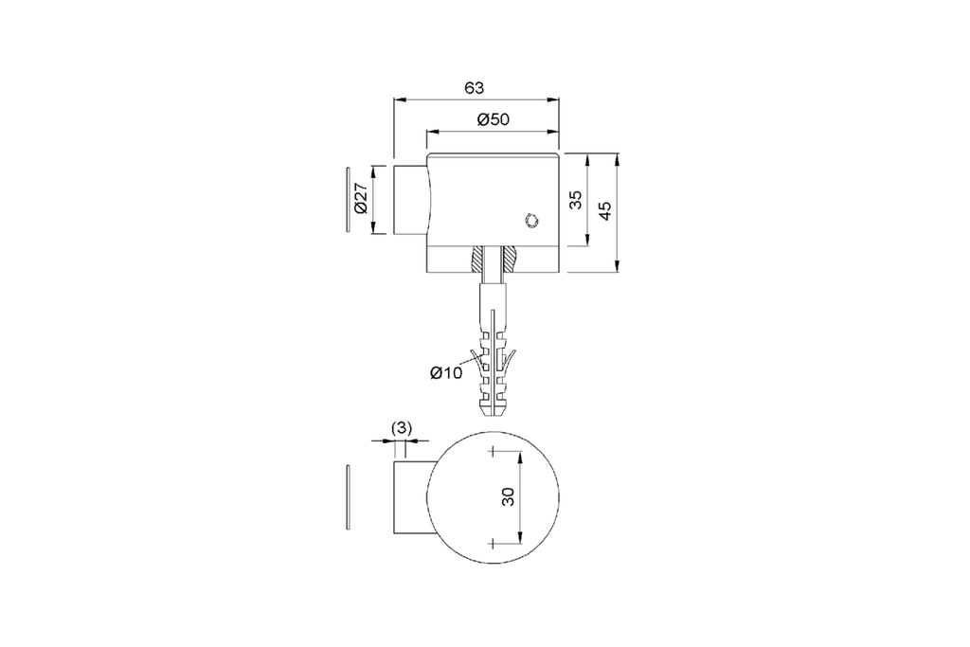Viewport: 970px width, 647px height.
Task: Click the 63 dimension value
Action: tap(475, 88)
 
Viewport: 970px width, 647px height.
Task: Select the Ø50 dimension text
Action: tap(494, 119)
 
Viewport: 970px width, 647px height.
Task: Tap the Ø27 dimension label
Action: tap(360, 200)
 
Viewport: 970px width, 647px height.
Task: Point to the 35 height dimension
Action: tap(575, 200)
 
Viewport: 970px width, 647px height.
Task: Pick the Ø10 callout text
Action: tap(445, 373)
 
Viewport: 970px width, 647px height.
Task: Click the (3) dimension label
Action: tap(402, 428)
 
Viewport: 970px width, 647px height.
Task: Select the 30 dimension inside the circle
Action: tap(509, 496)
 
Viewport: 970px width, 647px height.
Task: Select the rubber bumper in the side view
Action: tap(410, 200)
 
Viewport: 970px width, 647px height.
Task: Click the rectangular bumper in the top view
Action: tap(411, 497)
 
